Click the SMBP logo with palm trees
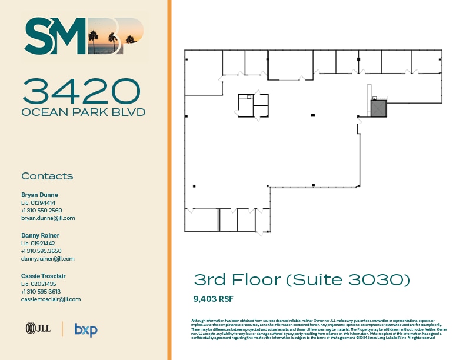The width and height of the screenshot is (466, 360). pos(83,36)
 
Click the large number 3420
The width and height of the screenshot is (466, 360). pos(82,91)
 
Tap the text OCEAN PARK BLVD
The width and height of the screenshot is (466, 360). pos(83,112)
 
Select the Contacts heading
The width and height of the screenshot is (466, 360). pos(47,176)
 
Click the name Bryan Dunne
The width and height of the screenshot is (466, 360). pos(39,195)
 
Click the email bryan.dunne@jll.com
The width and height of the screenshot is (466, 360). pos(48,218)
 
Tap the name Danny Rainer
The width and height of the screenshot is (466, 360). pos(40,235)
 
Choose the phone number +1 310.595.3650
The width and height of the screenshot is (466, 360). pos(41,251)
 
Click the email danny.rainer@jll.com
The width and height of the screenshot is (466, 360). pos(48,258)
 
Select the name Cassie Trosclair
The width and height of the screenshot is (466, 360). pos(43,276)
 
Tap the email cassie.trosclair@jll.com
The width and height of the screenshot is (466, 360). pos(51,299)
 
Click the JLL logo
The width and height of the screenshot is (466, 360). pos(37,329)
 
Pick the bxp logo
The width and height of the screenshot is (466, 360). pos(86,329)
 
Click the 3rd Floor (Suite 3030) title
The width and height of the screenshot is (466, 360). pos(301,280)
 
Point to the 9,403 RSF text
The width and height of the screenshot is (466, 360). pos(214,298)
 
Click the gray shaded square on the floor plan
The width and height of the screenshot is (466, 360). pos(378,108)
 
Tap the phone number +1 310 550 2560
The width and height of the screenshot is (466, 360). pos(41,210)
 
